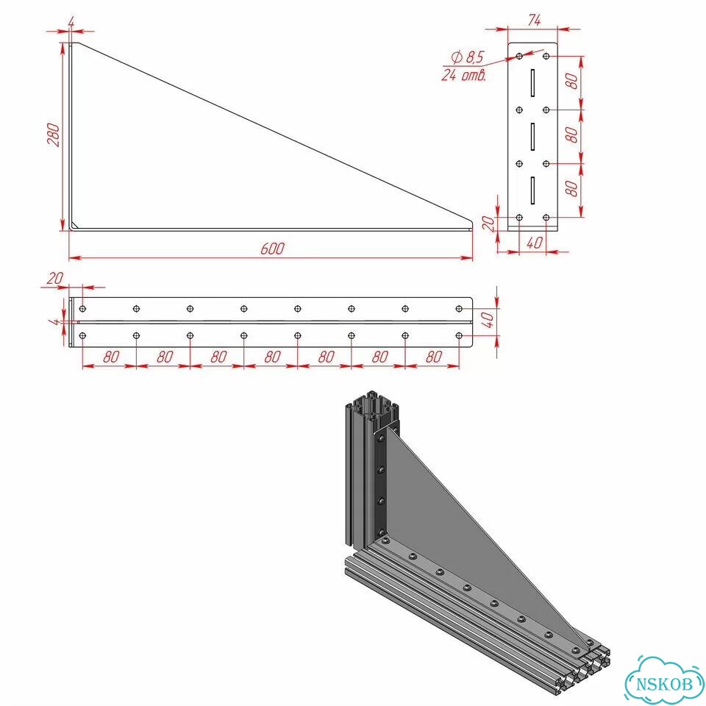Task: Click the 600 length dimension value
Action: click(272, 249)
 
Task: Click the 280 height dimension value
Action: click(54, 135)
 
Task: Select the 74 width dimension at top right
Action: click(535, 21)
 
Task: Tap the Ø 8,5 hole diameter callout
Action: click(468, 57)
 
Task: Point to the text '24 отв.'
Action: click(464, 75)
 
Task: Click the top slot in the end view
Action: click(532, 83)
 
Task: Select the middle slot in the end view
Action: click(532, 137)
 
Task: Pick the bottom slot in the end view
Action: click(532, 190)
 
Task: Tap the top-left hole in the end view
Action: click(519, 56)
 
